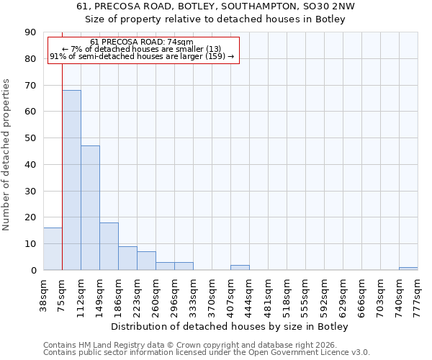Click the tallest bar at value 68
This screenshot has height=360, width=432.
[71, 180]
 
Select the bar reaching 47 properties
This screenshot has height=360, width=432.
[90, 207]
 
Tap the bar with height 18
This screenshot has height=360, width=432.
[109, 246]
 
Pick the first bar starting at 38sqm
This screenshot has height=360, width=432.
[53, 249]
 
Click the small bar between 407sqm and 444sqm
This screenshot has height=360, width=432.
[240, 267]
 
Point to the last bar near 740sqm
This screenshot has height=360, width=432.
[408, 269]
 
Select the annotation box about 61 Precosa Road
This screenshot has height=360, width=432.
[143, 50]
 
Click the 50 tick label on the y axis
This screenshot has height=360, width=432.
[30, 138]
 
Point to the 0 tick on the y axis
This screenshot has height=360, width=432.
[33, 270]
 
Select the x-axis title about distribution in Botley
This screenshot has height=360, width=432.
[230, 327]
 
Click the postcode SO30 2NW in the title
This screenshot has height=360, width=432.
[325, 6]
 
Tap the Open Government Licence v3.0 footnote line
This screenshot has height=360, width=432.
[207, 353]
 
